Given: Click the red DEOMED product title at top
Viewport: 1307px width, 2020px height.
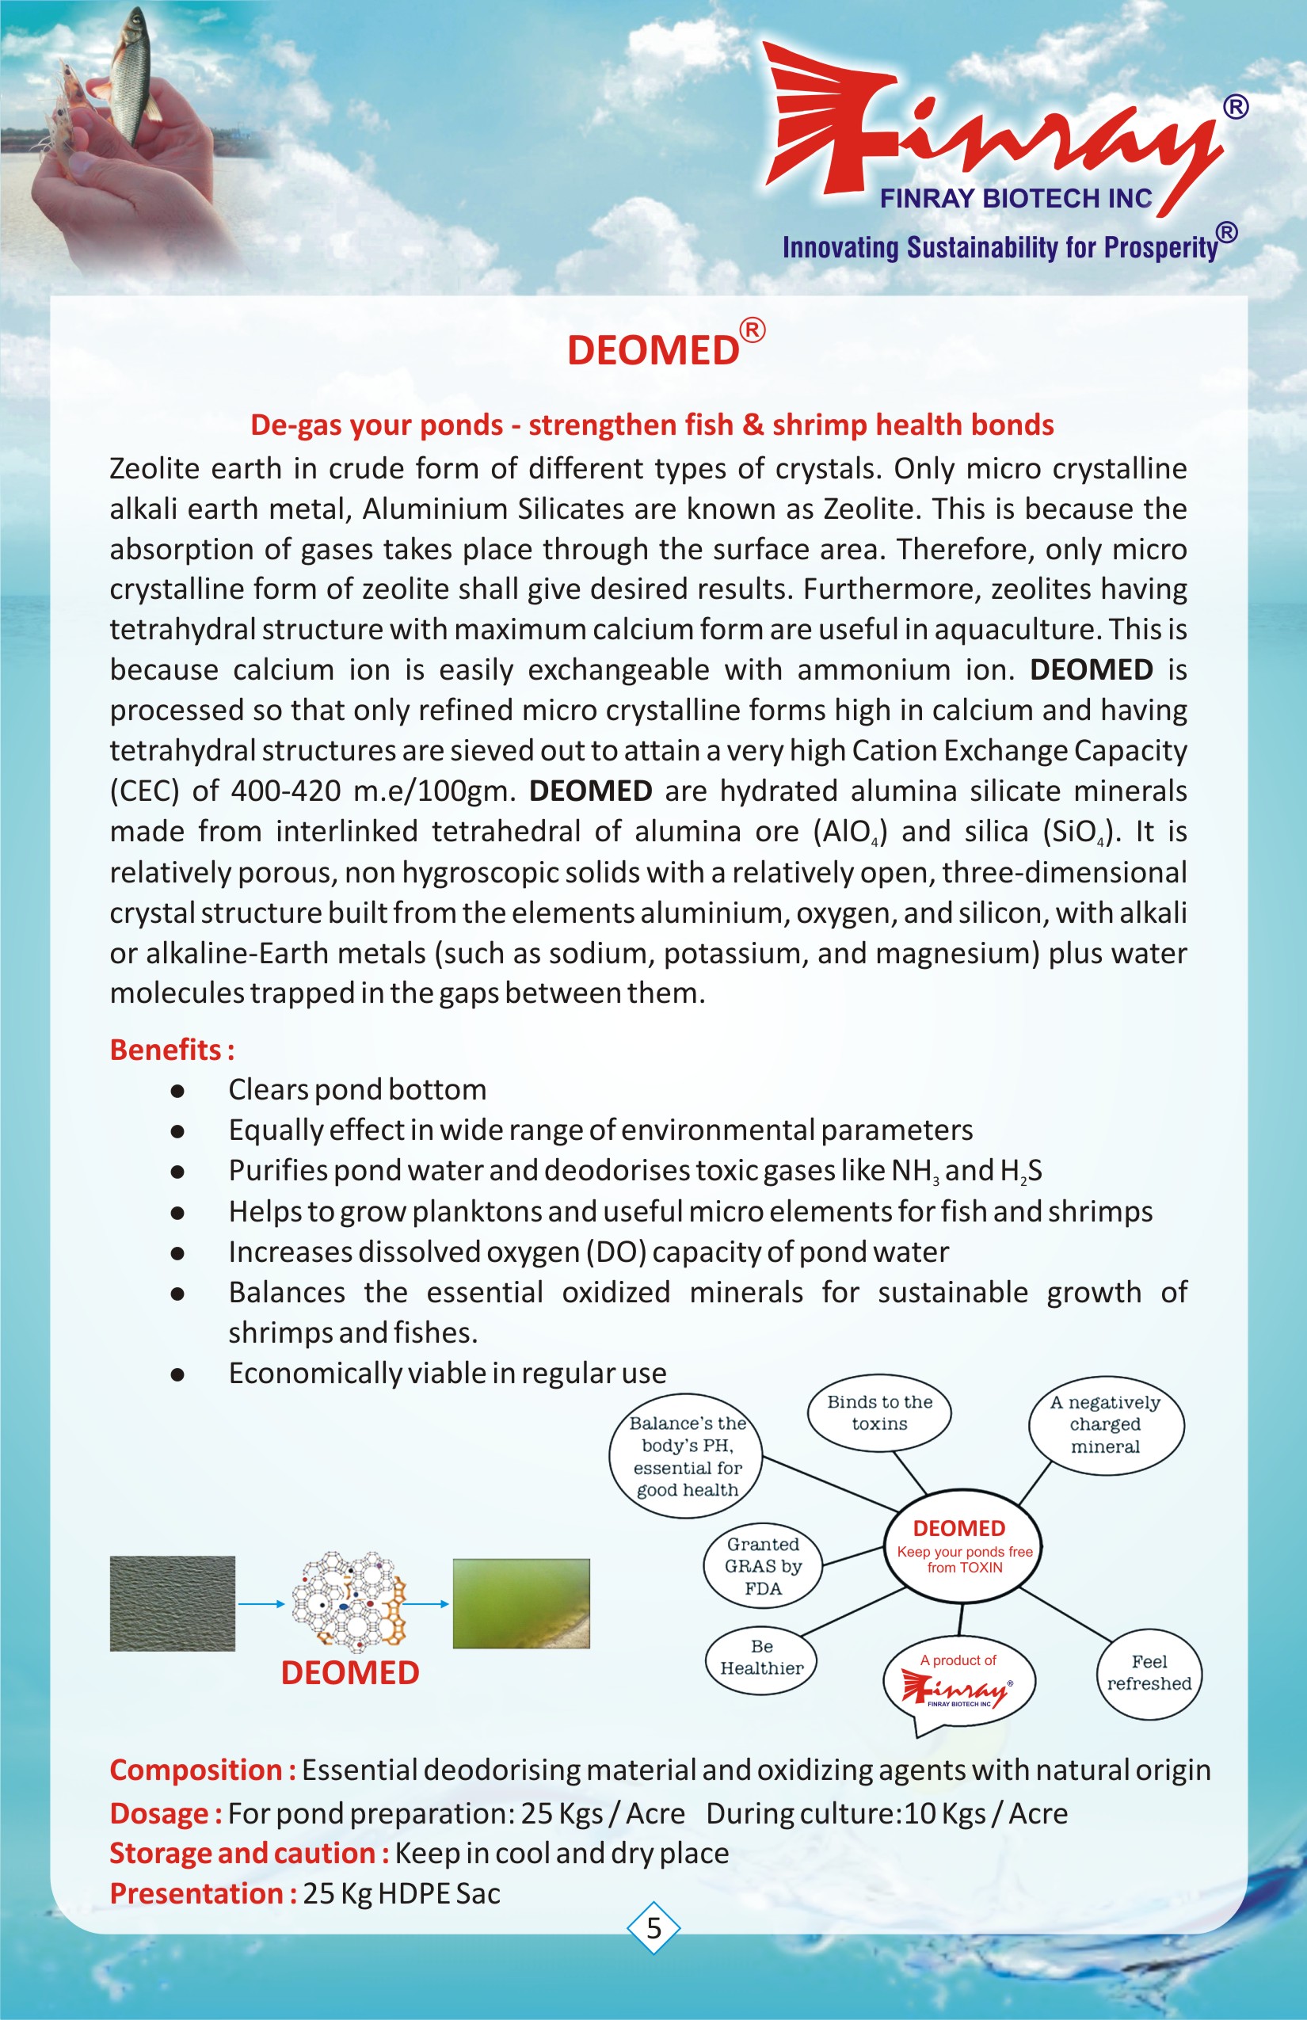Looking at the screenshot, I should [653, 349].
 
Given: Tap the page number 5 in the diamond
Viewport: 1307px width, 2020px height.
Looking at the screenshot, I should [653, 1927].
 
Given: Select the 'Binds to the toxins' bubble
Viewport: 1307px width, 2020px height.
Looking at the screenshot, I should [879, 1413].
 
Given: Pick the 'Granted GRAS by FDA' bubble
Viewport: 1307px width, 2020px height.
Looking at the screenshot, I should [763, 1566].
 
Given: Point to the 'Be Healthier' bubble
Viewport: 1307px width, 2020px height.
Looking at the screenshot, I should [761, 1656].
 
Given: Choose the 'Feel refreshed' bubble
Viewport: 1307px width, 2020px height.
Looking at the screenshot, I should [1149, 1673].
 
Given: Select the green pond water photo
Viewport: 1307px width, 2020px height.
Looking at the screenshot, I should [521, 1603].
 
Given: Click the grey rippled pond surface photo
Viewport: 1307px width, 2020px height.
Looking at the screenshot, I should [173, 1603].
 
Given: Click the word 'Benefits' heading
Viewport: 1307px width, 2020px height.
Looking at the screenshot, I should [166, 1050].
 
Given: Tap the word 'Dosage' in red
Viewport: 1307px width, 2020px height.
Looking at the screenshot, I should [159, 1814].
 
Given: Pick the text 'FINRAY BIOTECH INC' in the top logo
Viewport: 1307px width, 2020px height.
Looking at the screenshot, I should [1015, 199].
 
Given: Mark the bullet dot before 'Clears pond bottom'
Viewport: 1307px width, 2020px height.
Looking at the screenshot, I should [177, 1091].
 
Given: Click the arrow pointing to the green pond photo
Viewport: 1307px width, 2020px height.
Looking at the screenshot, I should [429, 1603].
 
